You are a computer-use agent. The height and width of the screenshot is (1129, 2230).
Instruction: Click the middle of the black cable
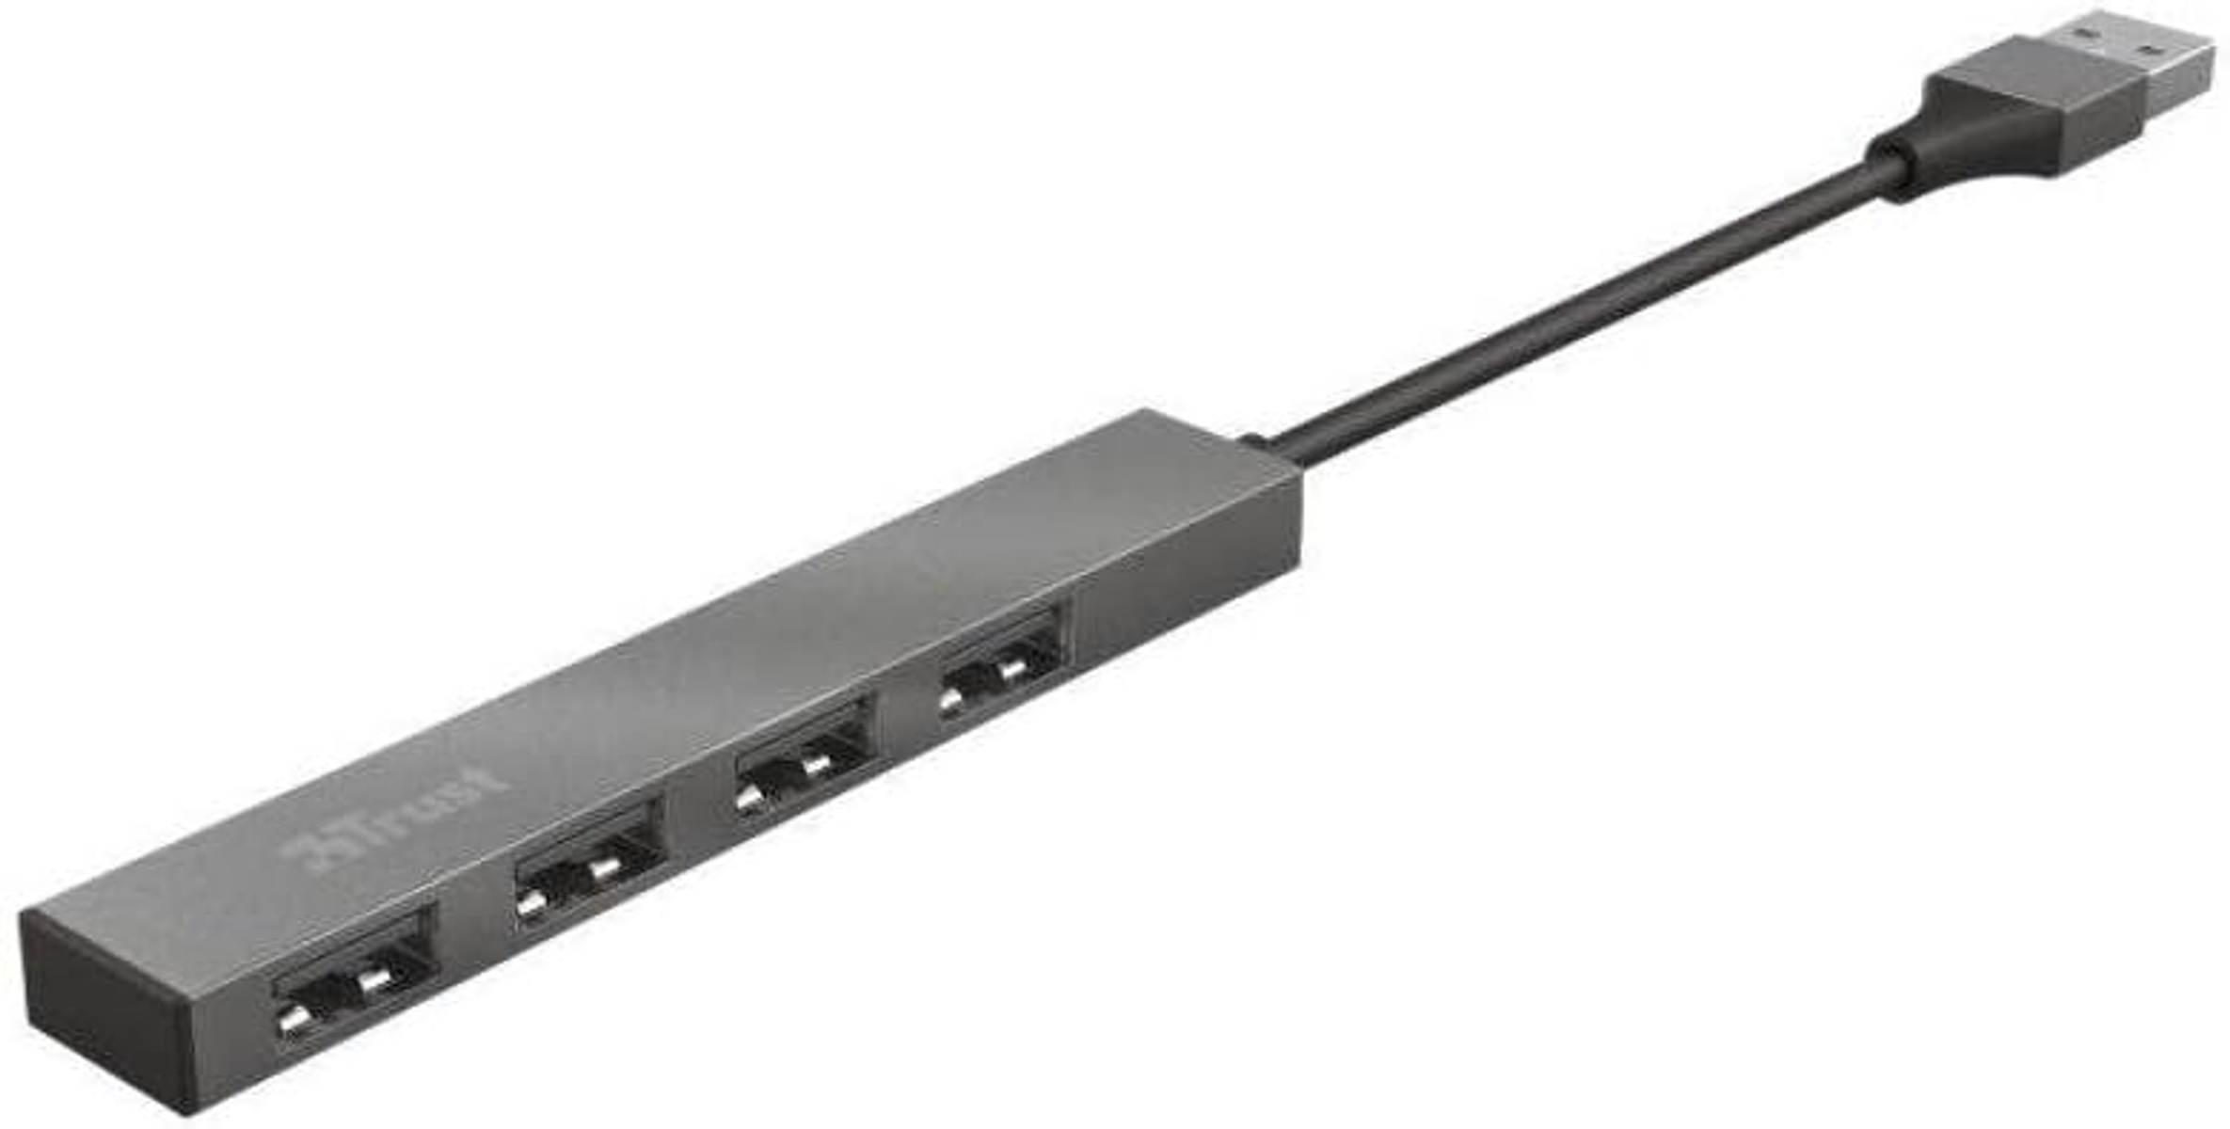(1581, 310)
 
